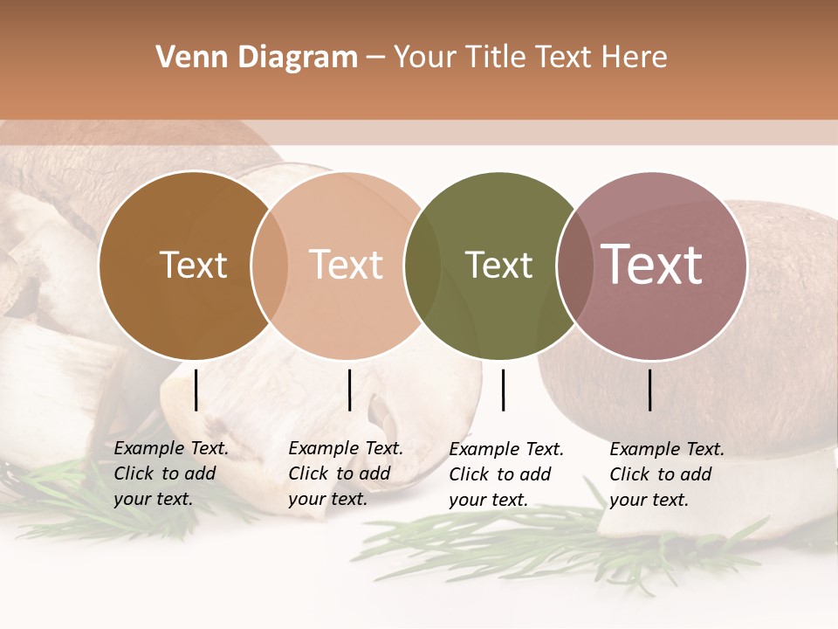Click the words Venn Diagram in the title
pyautogui.click(x=257, y=58)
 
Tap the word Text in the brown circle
pyautogui.click(x=193, y=265)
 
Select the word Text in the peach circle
pyautogui.click(x=346, y=265)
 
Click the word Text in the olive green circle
pyautogui.click(x=498, y=265)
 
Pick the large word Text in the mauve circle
pyautogui.click(x=651, y=265)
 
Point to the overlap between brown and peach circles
pyautogui.click(x=270, y=266)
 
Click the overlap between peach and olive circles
pyautogui.click(x=422, y=266)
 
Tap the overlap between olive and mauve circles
pyautogui.click(x=574, y=266)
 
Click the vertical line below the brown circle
pyautogui.click(x=196, y=390)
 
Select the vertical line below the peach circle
pyautogui.click(x=349, y=390)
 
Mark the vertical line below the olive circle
pyautogui.click(x=503, y=390)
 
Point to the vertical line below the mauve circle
pyautogui.click(x=649, y=390)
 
